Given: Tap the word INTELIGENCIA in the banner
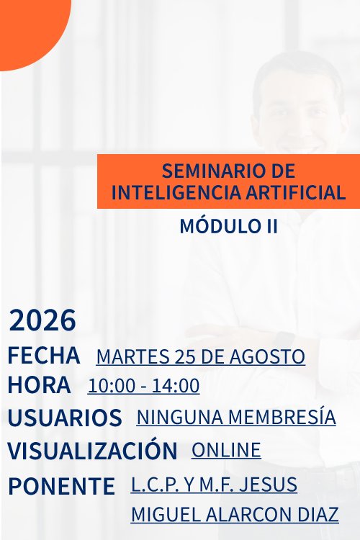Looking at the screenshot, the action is click(176, 192).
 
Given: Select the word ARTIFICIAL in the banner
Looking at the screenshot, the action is click(295, 192).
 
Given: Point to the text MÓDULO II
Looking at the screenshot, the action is click(228, 226).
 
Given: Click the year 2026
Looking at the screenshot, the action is click(42, 320).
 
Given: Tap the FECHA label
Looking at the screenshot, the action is click(44, 356).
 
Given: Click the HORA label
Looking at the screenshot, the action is click(40, 384).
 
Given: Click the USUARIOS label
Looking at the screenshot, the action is click(65, 418).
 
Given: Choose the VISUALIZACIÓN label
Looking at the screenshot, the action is click(93, 450).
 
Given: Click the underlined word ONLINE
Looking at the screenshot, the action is click(226, 450).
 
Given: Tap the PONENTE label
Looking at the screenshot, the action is click(61, 486).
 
